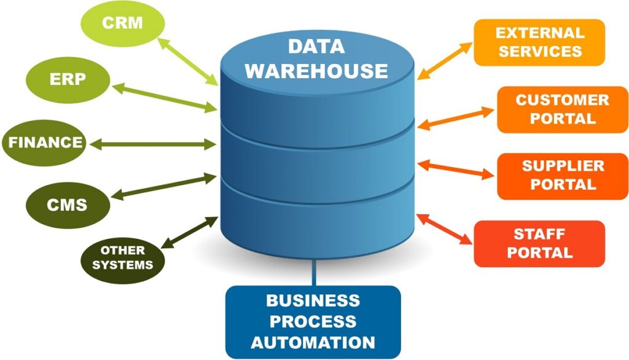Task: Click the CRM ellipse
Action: click(x=122, y=24)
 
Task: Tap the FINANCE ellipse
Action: click(x=45, y=143)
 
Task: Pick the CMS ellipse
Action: click(x=68, y=205)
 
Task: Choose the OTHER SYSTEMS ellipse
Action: click(x=122, y=259)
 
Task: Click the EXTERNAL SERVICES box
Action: click(x=539, y=42)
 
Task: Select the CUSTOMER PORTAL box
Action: click(x=562, y=109)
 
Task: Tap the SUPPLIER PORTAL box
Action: click(x=562, y=176)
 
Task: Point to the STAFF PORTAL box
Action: click(x=539, y=243)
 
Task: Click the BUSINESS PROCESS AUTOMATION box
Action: click(x=313, y=321)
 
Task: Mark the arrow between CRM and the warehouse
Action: click(x=188, y=61)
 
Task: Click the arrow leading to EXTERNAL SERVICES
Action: click(x=445, y=60)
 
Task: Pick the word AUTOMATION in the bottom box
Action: click(x=313, y=342)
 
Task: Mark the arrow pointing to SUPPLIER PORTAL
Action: click(x=456, y=170)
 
